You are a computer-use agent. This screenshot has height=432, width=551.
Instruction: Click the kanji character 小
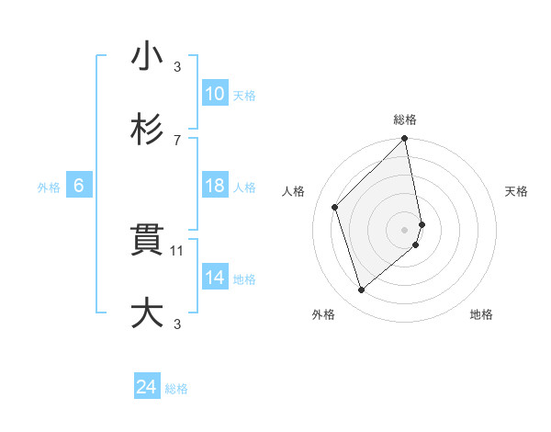coord(147,57)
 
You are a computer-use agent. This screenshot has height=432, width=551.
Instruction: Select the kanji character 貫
coord(147,241)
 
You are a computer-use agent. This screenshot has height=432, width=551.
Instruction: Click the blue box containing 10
coord(214,94)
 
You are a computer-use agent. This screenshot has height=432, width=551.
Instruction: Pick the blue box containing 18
coord(214,186)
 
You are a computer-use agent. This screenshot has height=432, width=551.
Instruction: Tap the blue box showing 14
coord(214,278)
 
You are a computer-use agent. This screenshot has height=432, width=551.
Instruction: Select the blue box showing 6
coord(79,186)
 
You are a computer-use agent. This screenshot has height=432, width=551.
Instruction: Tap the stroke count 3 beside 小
coord(177,66)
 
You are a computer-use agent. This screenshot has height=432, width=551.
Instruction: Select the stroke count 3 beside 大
coord(177,324)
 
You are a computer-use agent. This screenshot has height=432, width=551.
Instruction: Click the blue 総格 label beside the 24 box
coord(176,389)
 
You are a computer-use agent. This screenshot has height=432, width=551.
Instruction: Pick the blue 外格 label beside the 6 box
coord(49,187)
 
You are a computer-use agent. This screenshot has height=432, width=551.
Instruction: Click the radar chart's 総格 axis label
coord(405,119)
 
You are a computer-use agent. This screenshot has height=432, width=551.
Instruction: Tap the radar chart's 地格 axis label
coord(481,314)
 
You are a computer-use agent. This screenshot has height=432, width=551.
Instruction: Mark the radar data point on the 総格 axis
coord(405,140)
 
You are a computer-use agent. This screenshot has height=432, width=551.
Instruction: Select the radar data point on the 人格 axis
coord(335,207)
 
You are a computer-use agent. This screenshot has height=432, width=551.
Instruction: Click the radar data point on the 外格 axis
coord(361,290)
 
